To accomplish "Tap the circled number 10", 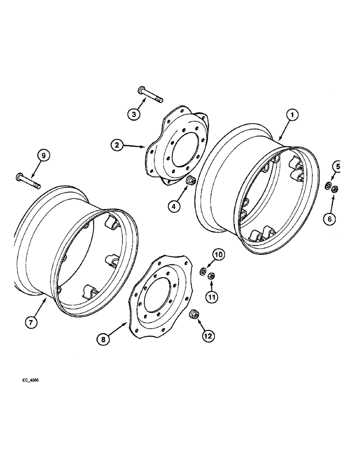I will (218, 255).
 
